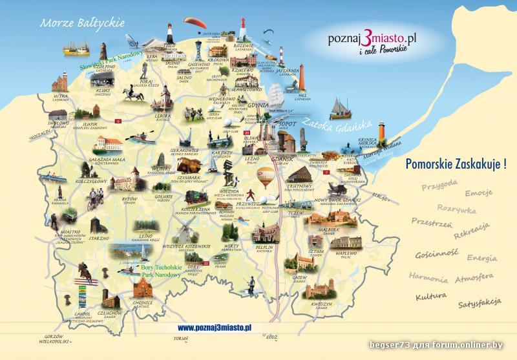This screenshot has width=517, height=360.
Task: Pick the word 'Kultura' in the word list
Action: [x=432, y=296]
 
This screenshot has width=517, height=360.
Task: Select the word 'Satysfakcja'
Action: [x=480, y=302]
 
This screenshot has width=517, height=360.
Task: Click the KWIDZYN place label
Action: [x=321, y=303]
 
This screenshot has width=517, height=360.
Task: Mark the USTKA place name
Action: [x=61, y=96]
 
